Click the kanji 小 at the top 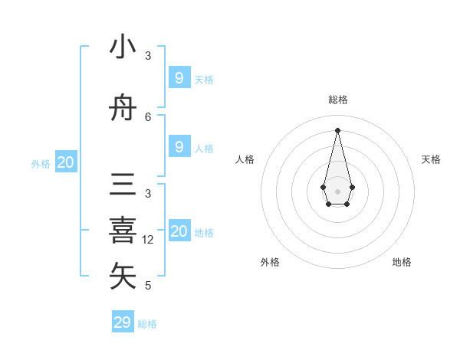coord(123,47)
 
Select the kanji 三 coord(123,185)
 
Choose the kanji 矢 coord(123,277)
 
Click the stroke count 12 coord(149,240)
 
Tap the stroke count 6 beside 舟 coord(148,116)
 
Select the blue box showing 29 coord(123,322)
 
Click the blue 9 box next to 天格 coord(179,77)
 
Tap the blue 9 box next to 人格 coord(179,147)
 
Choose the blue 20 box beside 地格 coord(179,231)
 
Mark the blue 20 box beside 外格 coord(66,162)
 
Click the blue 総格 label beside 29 coord(147,324)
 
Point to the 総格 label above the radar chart coord(337,100)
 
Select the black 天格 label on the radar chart coord(432,159)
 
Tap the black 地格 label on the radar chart coord(402,262)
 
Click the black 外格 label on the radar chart coord(270,262)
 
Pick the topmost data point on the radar coord(337,129)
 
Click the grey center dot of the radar coord(337,191)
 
